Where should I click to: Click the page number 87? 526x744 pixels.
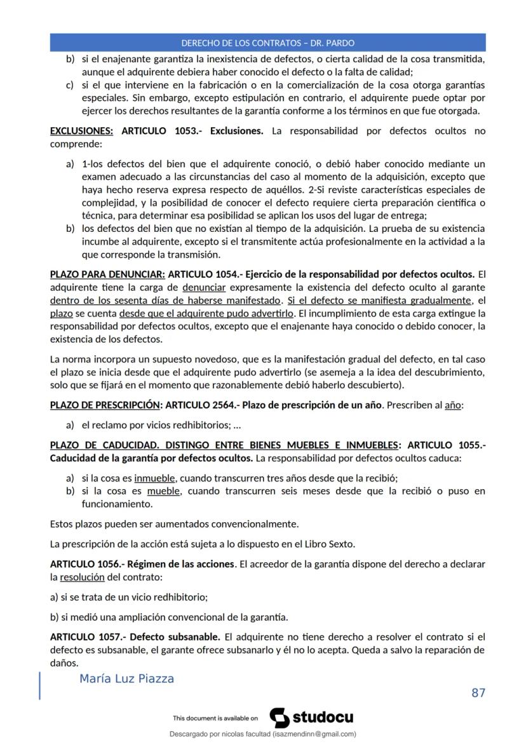(x=478, y=693)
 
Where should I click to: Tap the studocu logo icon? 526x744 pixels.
(x=280, y=718)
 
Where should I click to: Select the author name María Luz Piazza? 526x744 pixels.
(x=126, y=679)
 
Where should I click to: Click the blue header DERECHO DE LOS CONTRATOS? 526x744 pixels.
(x=267, y=43)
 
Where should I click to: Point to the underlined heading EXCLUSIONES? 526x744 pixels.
(x=81, y=131)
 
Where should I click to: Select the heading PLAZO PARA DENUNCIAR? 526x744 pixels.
(x=107, y=274)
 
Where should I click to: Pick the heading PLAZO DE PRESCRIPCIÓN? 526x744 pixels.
(x=104, y=405)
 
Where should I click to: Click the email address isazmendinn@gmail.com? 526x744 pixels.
(x=314, y=734)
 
